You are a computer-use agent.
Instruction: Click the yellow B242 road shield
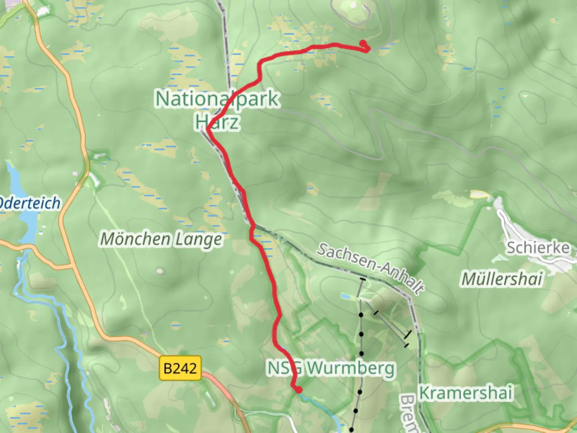(x=180, y=368)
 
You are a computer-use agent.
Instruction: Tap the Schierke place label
(x=537, y=247)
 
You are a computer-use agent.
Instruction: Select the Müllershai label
(x=502, y=279)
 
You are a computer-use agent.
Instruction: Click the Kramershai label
(x=466, y=393)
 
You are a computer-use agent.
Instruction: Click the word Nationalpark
(x=217, y=99)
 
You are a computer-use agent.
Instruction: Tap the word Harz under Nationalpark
(x=218, y=121)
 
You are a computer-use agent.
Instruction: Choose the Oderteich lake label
(x=30, y=203)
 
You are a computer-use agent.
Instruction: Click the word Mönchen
(x=135, y=239)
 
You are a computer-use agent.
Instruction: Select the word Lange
(x=198, y=240)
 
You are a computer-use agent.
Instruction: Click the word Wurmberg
(x=351, y=368)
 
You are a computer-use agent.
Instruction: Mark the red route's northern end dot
(x=363, y=43)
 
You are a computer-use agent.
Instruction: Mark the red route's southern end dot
(x=298, y=389)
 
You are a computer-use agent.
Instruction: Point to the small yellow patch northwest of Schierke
(x=480, y=194)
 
